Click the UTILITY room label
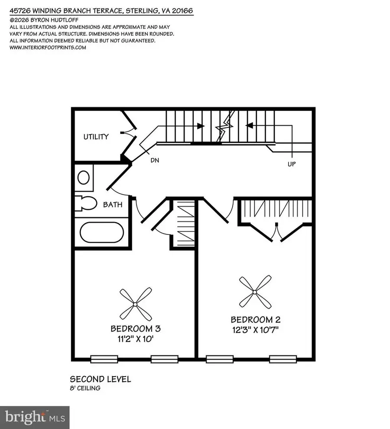pyautogui.click(x=96, y=137)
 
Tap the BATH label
pyautogui.click(x=112, y=205)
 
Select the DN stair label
pyautogui.click(x=154, y=160)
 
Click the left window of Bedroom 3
pyautogui.click(x=104, y=358)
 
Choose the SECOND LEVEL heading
pyautogui.click(x=100, y=379)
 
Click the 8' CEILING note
pyautogui.click(x=85, y=388)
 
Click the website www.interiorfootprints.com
pyautogui.click(x=48, y=48)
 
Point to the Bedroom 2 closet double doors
pyautogui.click(x=276, y=231)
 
